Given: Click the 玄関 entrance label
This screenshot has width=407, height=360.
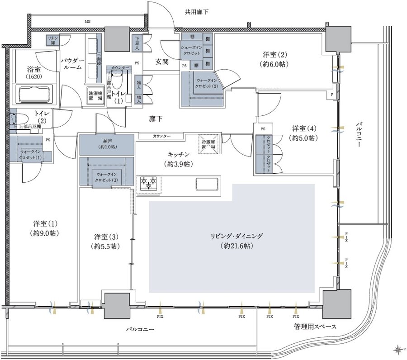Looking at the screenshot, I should point(162,62).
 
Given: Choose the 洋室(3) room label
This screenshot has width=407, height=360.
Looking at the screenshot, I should point(107,241).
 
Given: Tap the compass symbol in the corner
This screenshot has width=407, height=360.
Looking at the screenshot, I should point(398,349).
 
